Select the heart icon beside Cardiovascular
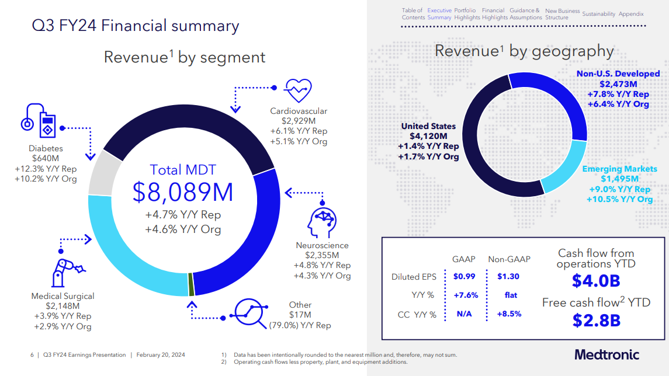pos(298,90)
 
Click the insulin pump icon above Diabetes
pos(40,121)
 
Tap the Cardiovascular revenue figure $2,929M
pos(299,121)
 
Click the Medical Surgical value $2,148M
pos(63,306)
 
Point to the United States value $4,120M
pos(428,136)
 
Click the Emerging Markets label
pos(619,169)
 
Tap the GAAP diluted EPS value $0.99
pos(465,276)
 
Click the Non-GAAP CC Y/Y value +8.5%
pos(509,314)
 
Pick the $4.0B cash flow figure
pos(595,281)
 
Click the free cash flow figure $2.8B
pos(595,321)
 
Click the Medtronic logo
pos(607,355)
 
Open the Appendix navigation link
pos(631,14)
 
